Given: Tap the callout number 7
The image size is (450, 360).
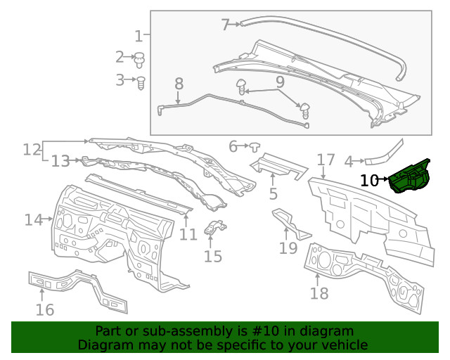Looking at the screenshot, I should [x=226, y=25].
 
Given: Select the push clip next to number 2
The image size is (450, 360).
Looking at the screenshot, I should [x=139, y=58].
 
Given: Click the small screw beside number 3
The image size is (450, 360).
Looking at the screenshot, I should [x=141, y=82].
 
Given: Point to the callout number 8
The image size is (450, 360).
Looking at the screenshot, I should [x=179, y=84].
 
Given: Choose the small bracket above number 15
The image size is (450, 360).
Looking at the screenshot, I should [x=214, y=228].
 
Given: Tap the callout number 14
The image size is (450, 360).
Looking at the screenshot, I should [x=33, y=219].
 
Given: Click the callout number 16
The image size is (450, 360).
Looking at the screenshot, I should [x=44, y=309].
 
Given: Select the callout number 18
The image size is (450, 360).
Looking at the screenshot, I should [x=319, y=292].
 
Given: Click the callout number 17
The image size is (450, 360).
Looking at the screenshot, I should [x=326, y=160].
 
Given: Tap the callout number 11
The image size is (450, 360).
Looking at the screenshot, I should [x=188, y=233].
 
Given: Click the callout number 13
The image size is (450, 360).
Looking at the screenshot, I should [x=60, y=162].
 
